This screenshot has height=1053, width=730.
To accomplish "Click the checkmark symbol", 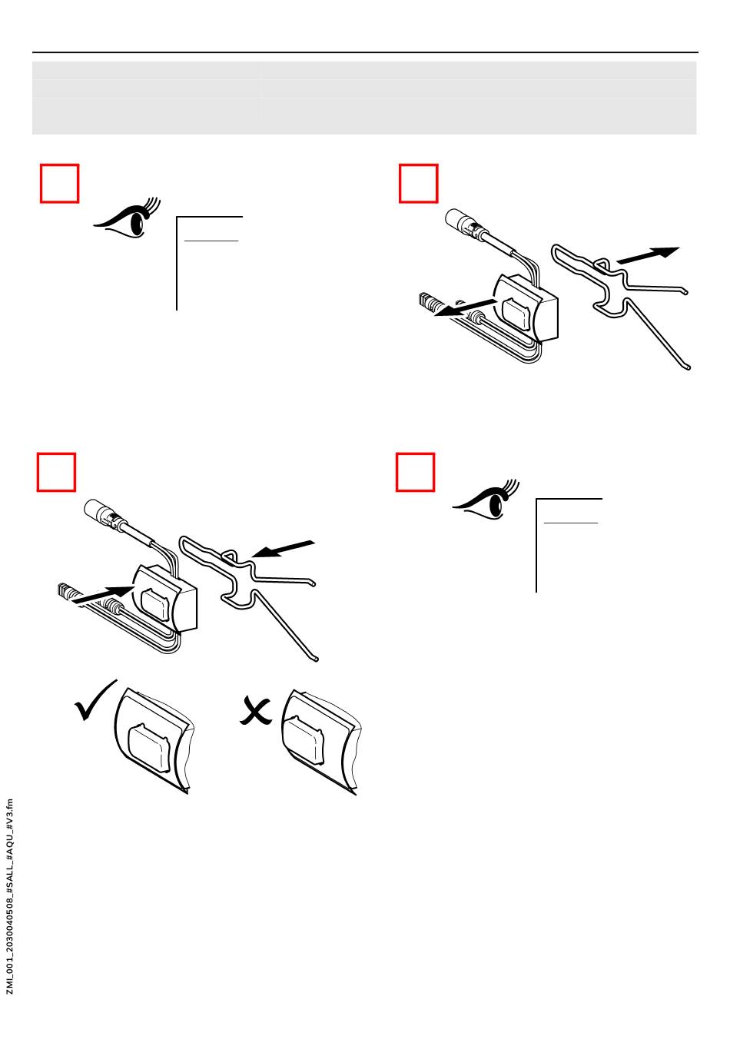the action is (x=95, y=700).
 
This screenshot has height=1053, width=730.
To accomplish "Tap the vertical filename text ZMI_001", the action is (x=10, y=896).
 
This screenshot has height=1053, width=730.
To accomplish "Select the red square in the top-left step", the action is (x=59, y=183).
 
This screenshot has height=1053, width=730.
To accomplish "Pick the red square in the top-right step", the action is (x=419, y=183).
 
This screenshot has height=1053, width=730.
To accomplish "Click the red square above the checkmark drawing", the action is (x=56, y=472).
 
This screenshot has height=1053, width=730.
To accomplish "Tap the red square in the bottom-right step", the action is (x=416, y=472).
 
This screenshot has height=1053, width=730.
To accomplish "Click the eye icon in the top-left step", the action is (x=126, y=217).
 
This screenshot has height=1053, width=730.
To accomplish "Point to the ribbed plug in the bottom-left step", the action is (x=68, y=592).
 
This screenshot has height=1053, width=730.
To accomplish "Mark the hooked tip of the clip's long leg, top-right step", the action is (x=687, y=367).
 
